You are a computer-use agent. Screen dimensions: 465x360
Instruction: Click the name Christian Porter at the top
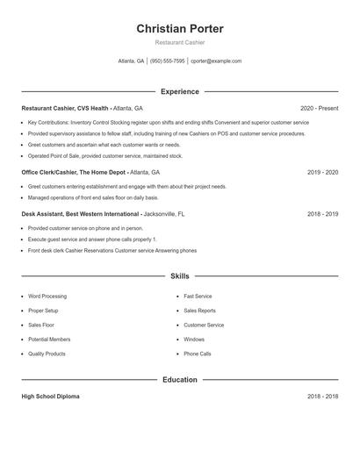point(179,29)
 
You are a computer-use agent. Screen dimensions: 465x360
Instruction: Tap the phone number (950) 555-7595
point(167,61)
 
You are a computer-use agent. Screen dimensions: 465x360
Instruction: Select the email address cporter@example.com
point(216,61)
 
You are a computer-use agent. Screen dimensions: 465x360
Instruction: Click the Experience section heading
point(179,91)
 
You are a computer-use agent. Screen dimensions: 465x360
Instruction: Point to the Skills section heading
point(179,275)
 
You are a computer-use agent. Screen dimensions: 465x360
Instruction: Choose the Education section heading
point(179,380)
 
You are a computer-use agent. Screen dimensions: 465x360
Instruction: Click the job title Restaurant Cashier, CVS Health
point(65,108)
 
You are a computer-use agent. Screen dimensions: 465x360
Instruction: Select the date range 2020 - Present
point(319,108)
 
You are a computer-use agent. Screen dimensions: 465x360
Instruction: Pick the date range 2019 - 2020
point(322,173)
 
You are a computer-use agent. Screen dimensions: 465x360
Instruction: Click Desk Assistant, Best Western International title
point(80,213)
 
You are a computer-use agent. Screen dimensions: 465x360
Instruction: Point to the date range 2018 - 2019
point(322,213)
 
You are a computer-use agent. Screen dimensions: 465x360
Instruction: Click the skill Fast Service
point(198,297)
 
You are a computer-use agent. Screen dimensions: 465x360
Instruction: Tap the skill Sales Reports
point(199,311)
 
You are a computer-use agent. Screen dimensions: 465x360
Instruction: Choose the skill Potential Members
point(49,339)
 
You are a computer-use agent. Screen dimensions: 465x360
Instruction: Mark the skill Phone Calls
point(198,354)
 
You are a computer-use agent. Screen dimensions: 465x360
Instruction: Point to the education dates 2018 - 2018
point(322,397)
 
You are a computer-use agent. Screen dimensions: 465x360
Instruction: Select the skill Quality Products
point(47,354)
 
